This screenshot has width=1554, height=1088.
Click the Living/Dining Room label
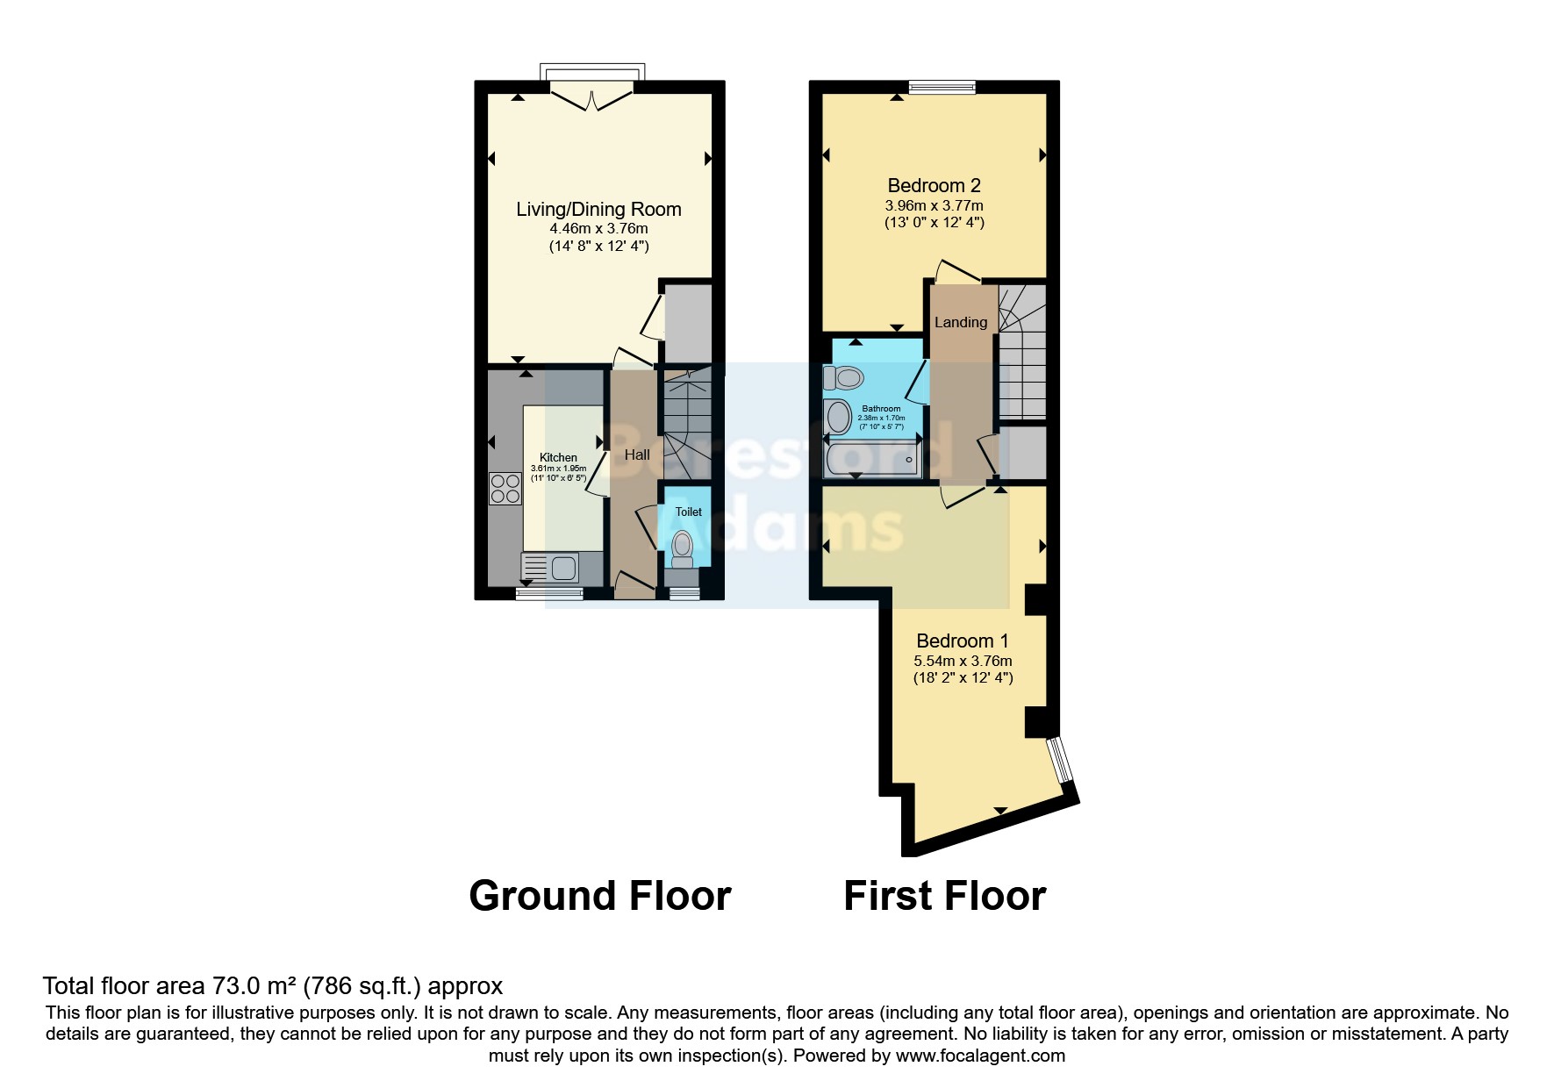coord(598,209)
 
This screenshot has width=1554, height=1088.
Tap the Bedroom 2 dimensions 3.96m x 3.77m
coord(934,205)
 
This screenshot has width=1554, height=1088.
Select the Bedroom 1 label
coord(962,641)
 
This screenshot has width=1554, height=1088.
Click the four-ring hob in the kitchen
coord(505,489)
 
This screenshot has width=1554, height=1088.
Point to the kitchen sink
coord(550,569)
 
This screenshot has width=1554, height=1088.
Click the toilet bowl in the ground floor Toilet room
coord(681,547)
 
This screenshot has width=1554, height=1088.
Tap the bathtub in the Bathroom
coord(873,460)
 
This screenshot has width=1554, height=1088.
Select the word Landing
coord(960,322)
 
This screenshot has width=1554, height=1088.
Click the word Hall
coord(637,455)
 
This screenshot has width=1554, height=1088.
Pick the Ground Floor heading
coord(599,896)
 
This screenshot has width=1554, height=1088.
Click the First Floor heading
coord(944,896)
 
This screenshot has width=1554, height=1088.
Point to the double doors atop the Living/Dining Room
coord(593,96)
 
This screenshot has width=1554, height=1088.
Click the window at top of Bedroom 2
coord(942,86)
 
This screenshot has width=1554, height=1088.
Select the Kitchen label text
coord(558,457)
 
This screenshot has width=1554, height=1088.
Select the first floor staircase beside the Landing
coord(1023,351)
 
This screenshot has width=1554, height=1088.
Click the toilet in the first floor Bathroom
coord(844,378)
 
